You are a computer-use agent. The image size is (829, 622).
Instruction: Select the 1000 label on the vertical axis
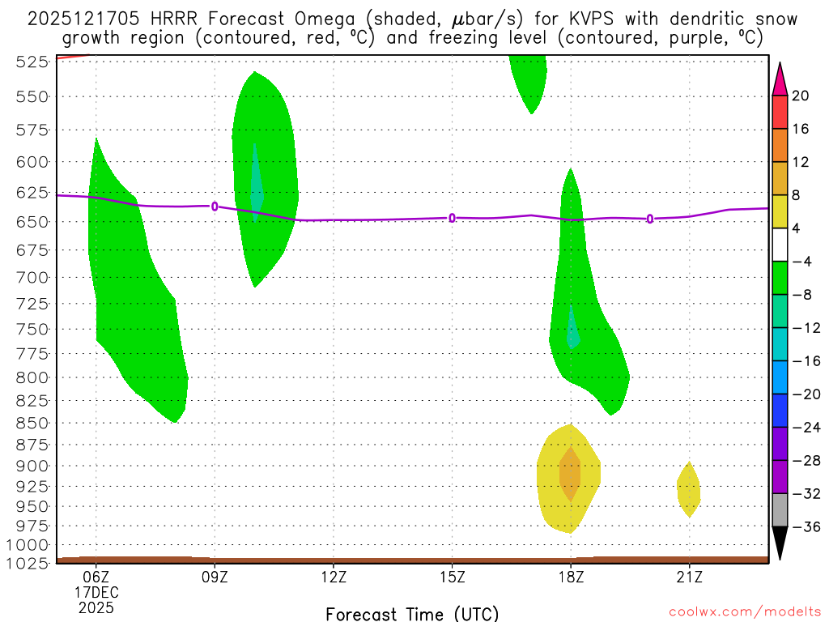(23, 544)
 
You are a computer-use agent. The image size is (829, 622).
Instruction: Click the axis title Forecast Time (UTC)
(412, 613)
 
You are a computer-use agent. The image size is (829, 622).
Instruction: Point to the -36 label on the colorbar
(801, 527)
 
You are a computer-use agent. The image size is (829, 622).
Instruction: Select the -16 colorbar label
(801, 361)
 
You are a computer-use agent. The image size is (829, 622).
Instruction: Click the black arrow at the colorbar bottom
(779, 543)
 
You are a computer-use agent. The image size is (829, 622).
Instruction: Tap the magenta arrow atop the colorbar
(779, 79)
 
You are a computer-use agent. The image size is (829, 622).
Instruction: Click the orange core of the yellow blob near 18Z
(570, 474)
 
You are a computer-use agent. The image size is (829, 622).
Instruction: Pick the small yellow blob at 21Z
(688, 489)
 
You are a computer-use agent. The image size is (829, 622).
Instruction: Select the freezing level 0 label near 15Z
(452, 218)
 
